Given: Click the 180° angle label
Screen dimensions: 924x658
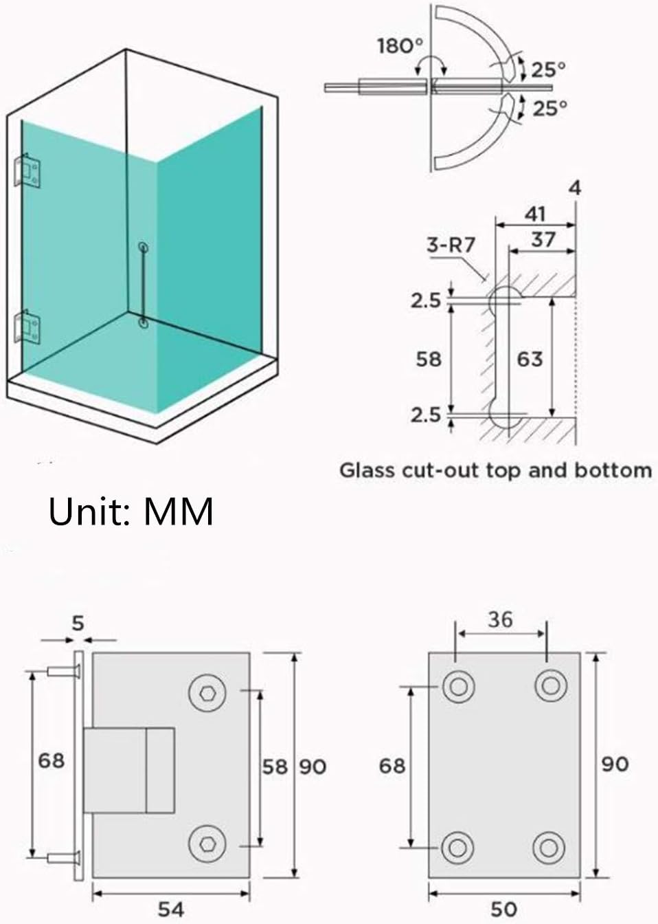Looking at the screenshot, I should click(400, 47).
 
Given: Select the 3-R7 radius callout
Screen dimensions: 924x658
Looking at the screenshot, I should click(451, 245).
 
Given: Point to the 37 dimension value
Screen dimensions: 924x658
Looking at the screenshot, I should click(543, 239).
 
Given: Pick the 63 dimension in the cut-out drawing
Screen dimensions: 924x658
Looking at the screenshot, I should click(530, 359).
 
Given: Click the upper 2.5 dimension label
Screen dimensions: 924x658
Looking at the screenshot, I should click(426, 301).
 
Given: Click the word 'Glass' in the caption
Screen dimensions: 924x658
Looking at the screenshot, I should click(367, 471).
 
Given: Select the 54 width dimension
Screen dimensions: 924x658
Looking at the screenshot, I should click(171, 909).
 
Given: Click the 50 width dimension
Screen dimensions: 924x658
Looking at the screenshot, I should click(503, 909).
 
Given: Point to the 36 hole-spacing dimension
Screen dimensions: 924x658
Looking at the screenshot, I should click(500, 619).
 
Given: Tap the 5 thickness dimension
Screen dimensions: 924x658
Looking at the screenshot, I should click(78, 623).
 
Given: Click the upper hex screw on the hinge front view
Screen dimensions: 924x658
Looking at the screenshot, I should click(207, 692).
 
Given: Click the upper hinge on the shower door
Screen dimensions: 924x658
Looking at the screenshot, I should click(27, 172).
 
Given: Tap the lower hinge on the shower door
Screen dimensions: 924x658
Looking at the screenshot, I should click(27, 327).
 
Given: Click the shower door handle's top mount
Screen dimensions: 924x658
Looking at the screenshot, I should click(143, 247).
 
